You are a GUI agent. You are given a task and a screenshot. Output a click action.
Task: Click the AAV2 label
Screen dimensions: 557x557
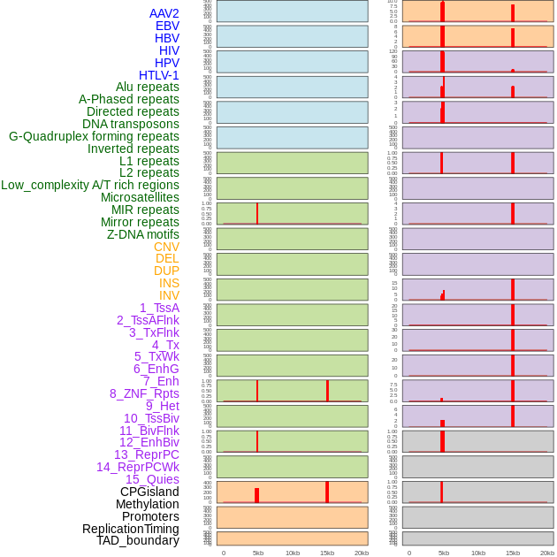point(164,13)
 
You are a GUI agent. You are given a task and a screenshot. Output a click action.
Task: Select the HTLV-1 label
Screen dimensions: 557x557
point(159,75)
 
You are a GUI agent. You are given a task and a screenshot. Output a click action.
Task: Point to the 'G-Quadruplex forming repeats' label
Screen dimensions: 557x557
point(94,136)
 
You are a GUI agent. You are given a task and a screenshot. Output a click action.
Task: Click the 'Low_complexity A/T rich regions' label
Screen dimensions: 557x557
point(90,185)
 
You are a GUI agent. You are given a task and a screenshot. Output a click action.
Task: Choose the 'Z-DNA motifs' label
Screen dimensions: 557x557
point(143,234)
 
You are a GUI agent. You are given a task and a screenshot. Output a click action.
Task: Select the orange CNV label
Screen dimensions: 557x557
point(166,247)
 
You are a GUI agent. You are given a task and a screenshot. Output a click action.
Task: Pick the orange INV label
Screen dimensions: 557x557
point(169,295)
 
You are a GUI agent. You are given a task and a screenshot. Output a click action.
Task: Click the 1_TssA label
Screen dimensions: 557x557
point(159,308)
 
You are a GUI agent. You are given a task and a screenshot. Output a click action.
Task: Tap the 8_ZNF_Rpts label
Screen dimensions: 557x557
point(144,393)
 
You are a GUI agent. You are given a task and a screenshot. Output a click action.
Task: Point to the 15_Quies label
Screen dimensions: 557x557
point(152,479)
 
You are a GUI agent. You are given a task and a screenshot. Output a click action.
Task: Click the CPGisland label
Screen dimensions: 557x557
point(149,492)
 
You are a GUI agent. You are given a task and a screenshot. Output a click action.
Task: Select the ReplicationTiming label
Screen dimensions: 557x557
point(131,529)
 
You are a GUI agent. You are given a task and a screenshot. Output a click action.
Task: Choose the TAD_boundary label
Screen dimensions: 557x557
point(138,540)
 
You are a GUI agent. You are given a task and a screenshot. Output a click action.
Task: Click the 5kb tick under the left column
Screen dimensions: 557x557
point(258,553)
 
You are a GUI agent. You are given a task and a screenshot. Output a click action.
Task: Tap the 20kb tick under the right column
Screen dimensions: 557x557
point(547,553)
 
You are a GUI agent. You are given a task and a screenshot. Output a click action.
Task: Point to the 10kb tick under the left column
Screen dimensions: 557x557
point(293,553)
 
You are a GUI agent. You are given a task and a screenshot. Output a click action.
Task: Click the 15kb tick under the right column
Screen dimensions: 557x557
point(513,553)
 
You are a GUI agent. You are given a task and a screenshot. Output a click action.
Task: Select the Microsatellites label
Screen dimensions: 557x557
point(140,197)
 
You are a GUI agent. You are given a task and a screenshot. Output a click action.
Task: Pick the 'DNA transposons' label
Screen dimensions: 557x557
point(131,124)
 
